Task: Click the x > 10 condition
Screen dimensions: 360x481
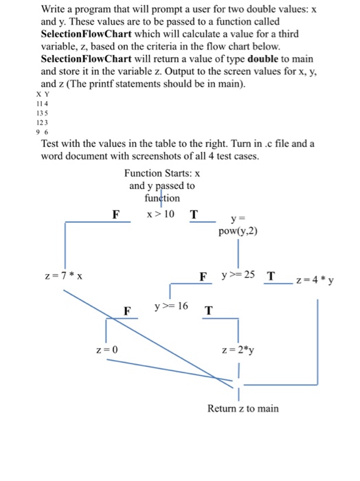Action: click(161, 214)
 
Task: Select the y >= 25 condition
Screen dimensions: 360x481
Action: click(238, 276)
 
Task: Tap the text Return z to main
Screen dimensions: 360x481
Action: click(243, 408)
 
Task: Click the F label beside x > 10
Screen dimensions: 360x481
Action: click(117, 214)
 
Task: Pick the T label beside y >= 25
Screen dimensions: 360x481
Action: click(271, 276)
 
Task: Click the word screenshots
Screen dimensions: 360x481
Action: click(155, 156)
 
